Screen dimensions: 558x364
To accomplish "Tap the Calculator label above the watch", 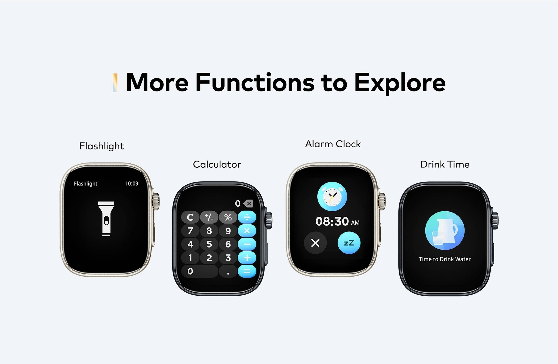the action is (217, 164).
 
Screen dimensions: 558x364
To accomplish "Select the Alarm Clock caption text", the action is (333, 144).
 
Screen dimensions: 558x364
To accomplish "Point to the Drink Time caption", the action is (445, 164).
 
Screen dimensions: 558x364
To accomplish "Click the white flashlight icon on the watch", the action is (106, 219).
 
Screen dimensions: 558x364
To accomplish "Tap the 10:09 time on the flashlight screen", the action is (132, 184).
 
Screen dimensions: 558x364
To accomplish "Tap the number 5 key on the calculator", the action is (209, 244).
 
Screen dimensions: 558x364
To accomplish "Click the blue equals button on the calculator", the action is (247, 271).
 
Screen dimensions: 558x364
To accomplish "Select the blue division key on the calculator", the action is (247, 217).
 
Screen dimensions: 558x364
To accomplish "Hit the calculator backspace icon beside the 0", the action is (248, 203).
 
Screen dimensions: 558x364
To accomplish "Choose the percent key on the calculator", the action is (228, 217).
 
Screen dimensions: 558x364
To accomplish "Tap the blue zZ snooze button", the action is (349, 243).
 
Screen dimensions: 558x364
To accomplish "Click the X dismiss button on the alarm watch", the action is (315, 243).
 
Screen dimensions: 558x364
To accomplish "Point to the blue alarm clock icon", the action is (332, 196).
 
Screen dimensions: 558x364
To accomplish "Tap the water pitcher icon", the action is (445, 231).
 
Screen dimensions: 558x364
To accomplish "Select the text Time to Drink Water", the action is (445, 259).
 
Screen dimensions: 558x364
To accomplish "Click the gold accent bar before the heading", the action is (115, 83).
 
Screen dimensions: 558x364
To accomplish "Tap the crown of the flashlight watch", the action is (156, 201).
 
